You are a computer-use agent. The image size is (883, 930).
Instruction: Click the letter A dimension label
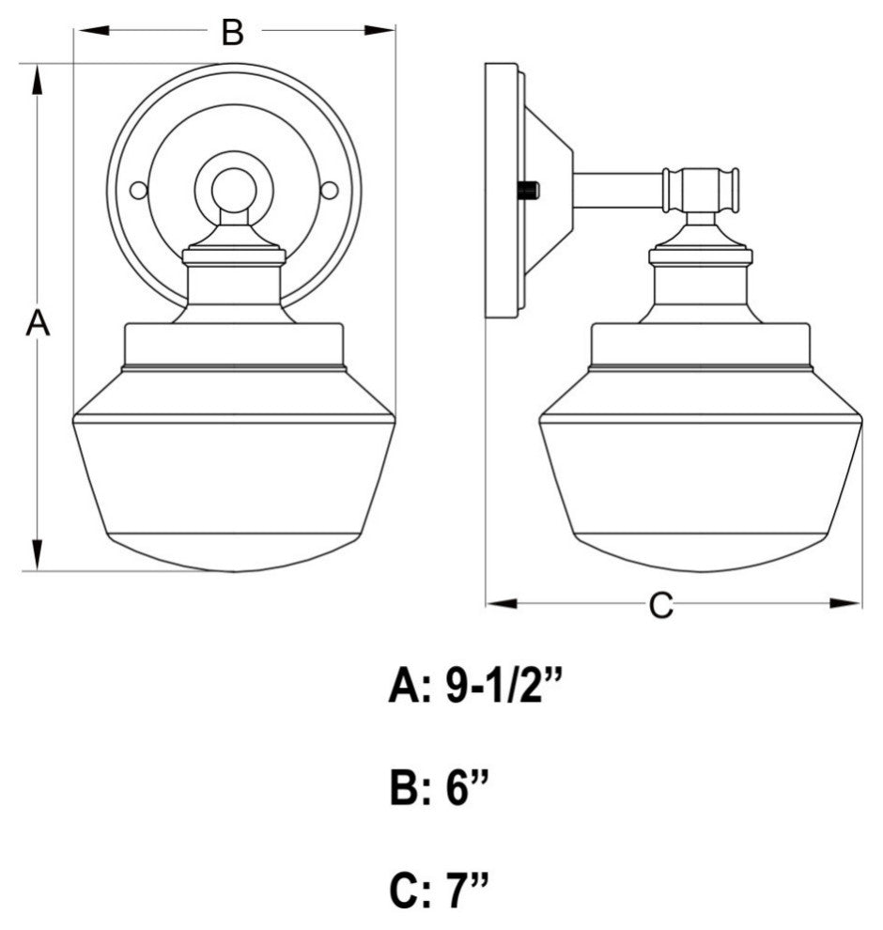(37, 324)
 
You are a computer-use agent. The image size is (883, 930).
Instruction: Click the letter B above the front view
(232, 33)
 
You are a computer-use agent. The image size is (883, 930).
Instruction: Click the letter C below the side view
(661, 606)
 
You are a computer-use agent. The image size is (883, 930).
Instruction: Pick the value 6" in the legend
(468, 788)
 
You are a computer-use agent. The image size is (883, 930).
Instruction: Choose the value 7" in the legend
(468, 889)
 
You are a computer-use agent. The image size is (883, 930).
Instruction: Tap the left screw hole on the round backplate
(139, 191)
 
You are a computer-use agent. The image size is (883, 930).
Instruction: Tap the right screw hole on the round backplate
(330, 191)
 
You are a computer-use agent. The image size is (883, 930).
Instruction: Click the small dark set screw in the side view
(529, 191)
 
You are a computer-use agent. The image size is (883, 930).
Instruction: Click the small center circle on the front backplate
(233, 190)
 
